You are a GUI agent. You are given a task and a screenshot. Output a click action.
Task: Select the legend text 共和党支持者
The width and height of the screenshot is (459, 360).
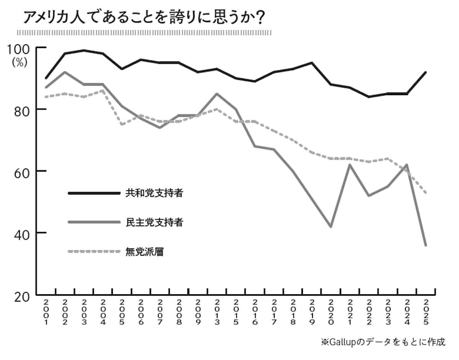(154, 193)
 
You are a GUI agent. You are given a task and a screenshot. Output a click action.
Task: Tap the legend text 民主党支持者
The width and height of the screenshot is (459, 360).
(154, 222)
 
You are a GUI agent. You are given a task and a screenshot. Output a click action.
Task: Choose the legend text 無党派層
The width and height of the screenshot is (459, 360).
(144, 252)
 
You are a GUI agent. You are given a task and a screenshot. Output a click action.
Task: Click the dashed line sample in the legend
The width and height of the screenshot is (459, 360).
(94, 251)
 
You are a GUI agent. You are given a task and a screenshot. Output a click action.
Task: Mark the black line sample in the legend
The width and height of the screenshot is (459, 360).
(94, 193)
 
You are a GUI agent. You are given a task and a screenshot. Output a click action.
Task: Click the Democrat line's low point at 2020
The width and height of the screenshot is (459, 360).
(330, 227)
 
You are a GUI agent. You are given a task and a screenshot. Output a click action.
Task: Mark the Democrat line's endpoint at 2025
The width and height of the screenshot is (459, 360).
(426, 245)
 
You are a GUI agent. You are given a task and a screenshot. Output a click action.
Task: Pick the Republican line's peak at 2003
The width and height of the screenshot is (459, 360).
(84, 50)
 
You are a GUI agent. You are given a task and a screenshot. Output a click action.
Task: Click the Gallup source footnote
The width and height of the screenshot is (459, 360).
(383, 342)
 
